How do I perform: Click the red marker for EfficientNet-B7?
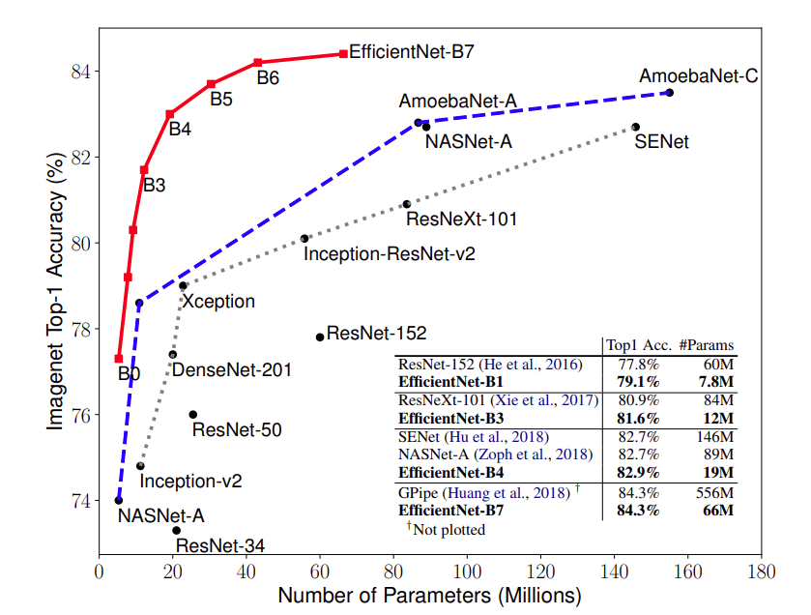[343, 54]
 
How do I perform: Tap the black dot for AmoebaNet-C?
[669, 93]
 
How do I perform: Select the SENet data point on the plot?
[635, 127]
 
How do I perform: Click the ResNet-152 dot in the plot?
[320, 337]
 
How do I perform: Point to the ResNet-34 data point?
[176, 530]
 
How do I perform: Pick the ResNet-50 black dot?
[193, 414]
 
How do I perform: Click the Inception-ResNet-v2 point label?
[389, 255]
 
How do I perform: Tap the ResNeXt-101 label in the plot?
[461, 220]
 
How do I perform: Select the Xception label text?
[219, 301]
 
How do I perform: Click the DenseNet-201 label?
[232, 369]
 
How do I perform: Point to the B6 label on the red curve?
[268, 78]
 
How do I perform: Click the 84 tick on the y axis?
[80, 72]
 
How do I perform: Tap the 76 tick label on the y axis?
[80, 415]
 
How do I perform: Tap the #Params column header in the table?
[706, 345]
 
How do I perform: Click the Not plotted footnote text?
[448, 530]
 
